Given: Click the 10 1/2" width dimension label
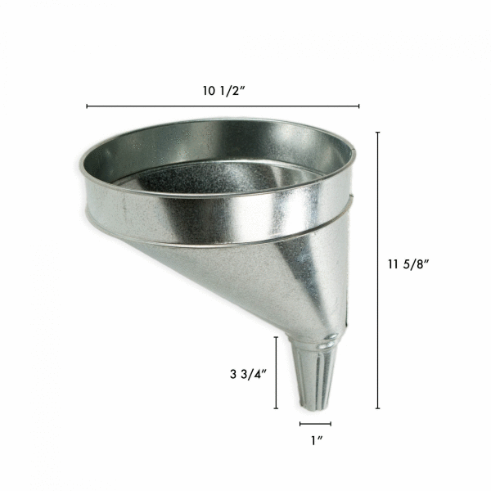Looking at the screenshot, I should (x=223, y=92).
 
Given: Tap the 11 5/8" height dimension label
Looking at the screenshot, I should (x=408, y=264).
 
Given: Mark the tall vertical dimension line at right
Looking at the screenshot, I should (x=378, y=270).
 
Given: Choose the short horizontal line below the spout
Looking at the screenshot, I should (x=315, y=424).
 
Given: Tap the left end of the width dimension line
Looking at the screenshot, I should (x=87, y=106).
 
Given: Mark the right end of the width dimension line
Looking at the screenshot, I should (x=358, y=106).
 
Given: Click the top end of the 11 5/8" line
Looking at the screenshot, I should (x=378, y=132).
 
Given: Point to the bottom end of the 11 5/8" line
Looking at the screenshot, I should (x=378, y=408).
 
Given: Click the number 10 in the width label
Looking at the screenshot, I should (x=210, y=92).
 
